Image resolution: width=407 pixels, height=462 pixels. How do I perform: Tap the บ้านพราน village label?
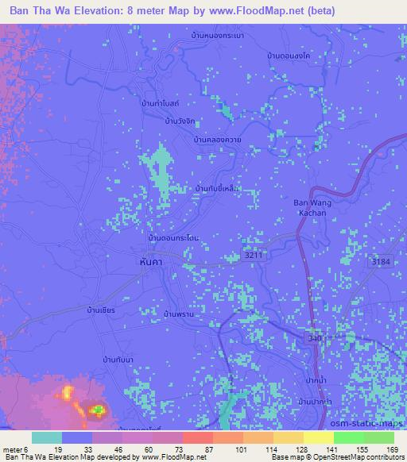tap(179, 315)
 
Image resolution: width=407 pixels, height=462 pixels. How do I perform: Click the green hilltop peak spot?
tap(97, 410)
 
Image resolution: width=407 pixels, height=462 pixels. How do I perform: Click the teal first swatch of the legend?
tap(47, 437)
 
